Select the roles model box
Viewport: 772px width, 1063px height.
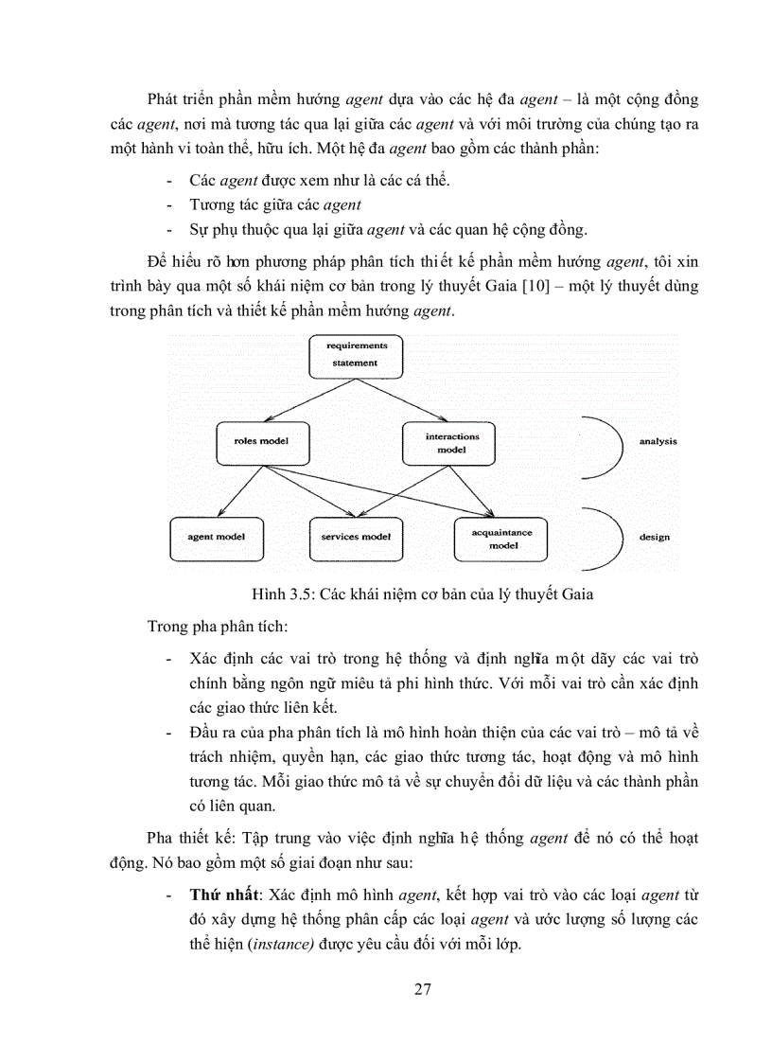260,441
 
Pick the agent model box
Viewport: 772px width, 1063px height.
217,536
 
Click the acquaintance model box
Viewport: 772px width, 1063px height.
501,538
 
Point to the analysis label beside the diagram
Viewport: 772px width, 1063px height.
657,441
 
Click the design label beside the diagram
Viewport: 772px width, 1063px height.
654,537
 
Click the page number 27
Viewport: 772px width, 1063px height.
423,989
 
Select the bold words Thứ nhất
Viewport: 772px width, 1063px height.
225,894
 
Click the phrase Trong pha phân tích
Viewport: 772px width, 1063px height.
202,627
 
